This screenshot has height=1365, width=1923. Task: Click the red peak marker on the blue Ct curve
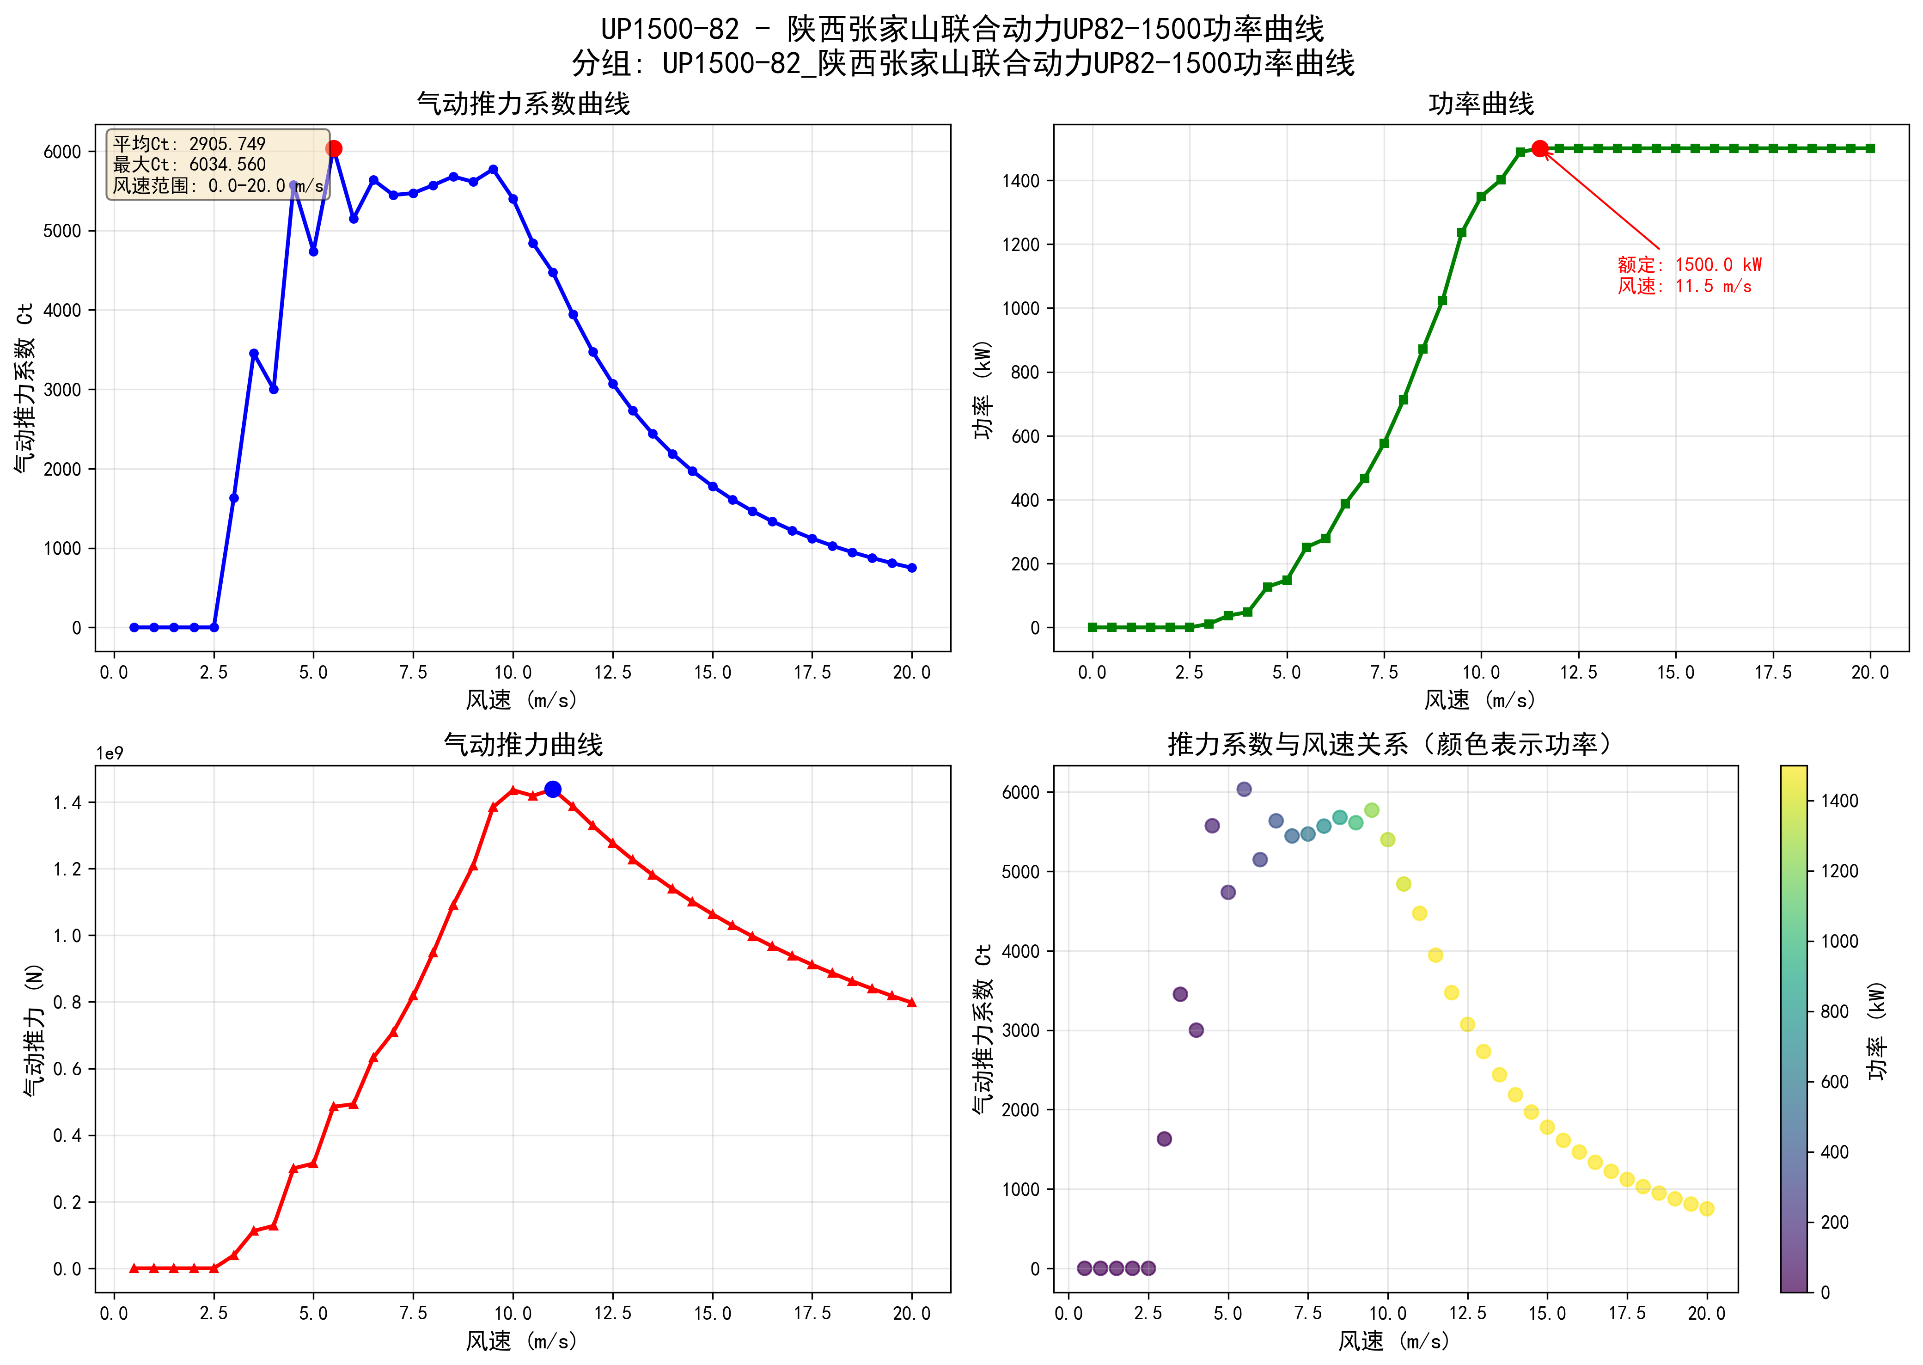click(x=334, y=149)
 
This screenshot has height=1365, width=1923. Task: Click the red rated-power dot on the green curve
click(x=1539, y=149)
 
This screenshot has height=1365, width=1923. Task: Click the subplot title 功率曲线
click(x=1480, y=104)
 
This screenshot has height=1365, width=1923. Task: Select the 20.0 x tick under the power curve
click(x=1869, y=673)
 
